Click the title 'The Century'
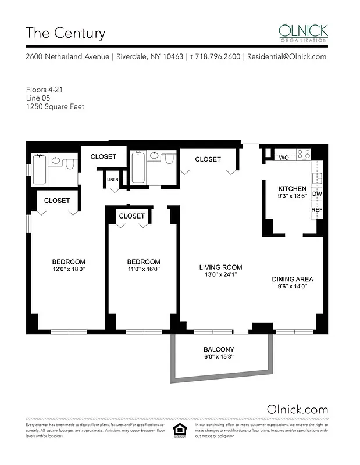point(65,33)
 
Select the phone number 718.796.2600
point(215,57)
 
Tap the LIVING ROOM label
point(219,267)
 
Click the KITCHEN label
point(292,189)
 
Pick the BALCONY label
point(219,349)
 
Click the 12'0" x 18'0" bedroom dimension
point(68,269)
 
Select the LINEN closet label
point(113,180)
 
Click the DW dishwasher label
point(317,194)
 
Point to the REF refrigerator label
point(317,210)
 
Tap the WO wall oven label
point(284,157)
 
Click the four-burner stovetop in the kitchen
point(304,155)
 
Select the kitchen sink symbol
point(318,178)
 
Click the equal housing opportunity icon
point(179,431)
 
